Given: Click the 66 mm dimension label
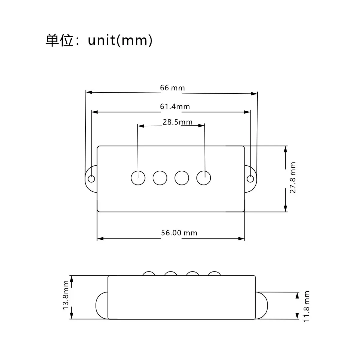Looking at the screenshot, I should (172, 88).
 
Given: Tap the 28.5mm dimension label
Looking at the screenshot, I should (177, 122).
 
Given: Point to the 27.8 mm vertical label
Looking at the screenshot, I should (293, 178).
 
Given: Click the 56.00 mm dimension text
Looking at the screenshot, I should (179, 233).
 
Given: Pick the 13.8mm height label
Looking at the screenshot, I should (66, 297).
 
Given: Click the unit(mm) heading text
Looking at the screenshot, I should (120, 40).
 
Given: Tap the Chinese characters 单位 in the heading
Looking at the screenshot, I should (59, 40).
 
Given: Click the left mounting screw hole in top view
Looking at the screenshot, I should (91, 179).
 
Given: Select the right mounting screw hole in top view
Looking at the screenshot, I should (250, 179).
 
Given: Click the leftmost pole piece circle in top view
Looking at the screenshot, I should (138, 178).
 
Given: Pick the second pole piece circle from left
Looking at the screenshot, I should (160, 178).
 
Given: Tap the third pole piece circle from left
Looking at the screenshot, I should (182, 178).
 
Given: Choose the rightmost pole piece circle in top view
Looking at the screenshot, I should (204, 178).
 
